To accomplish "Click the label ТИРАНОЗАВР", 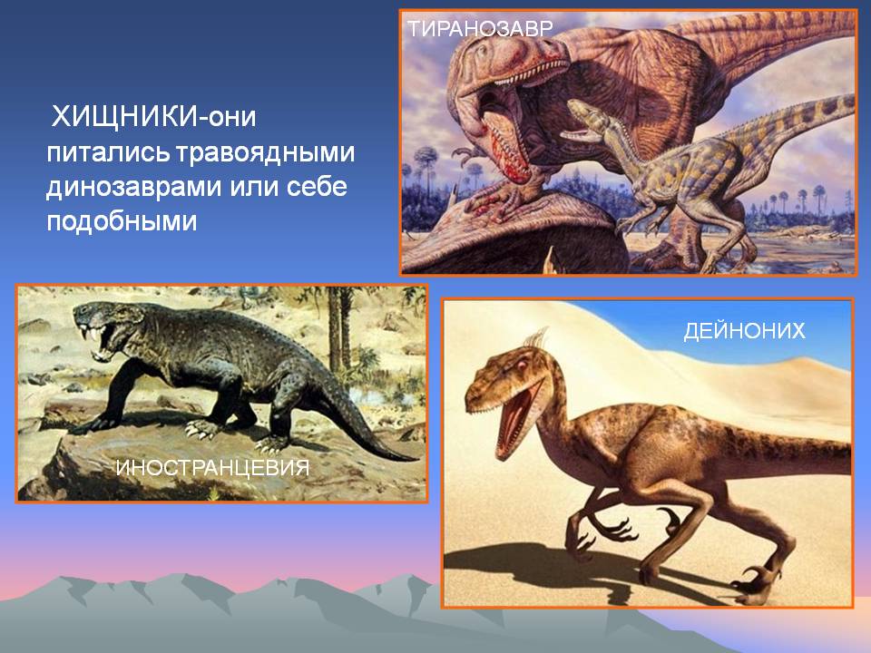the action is click(481, 28).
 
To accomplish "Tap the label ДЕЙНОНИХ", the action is click(744, 331).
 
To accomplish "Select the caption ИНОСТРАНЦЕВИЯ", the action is click(212, 468).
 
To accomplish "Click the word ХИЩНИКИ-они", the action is click(153, 117).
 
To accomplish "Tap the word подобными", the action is click(122, 221).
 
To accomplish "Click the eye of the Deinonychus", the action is click(522, 365).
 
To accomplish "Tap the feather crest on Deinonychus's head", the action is click(536, 338).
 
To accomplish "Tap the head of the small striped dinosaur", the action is click(590, 121).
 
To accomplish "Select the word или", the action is click(254, 188).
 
